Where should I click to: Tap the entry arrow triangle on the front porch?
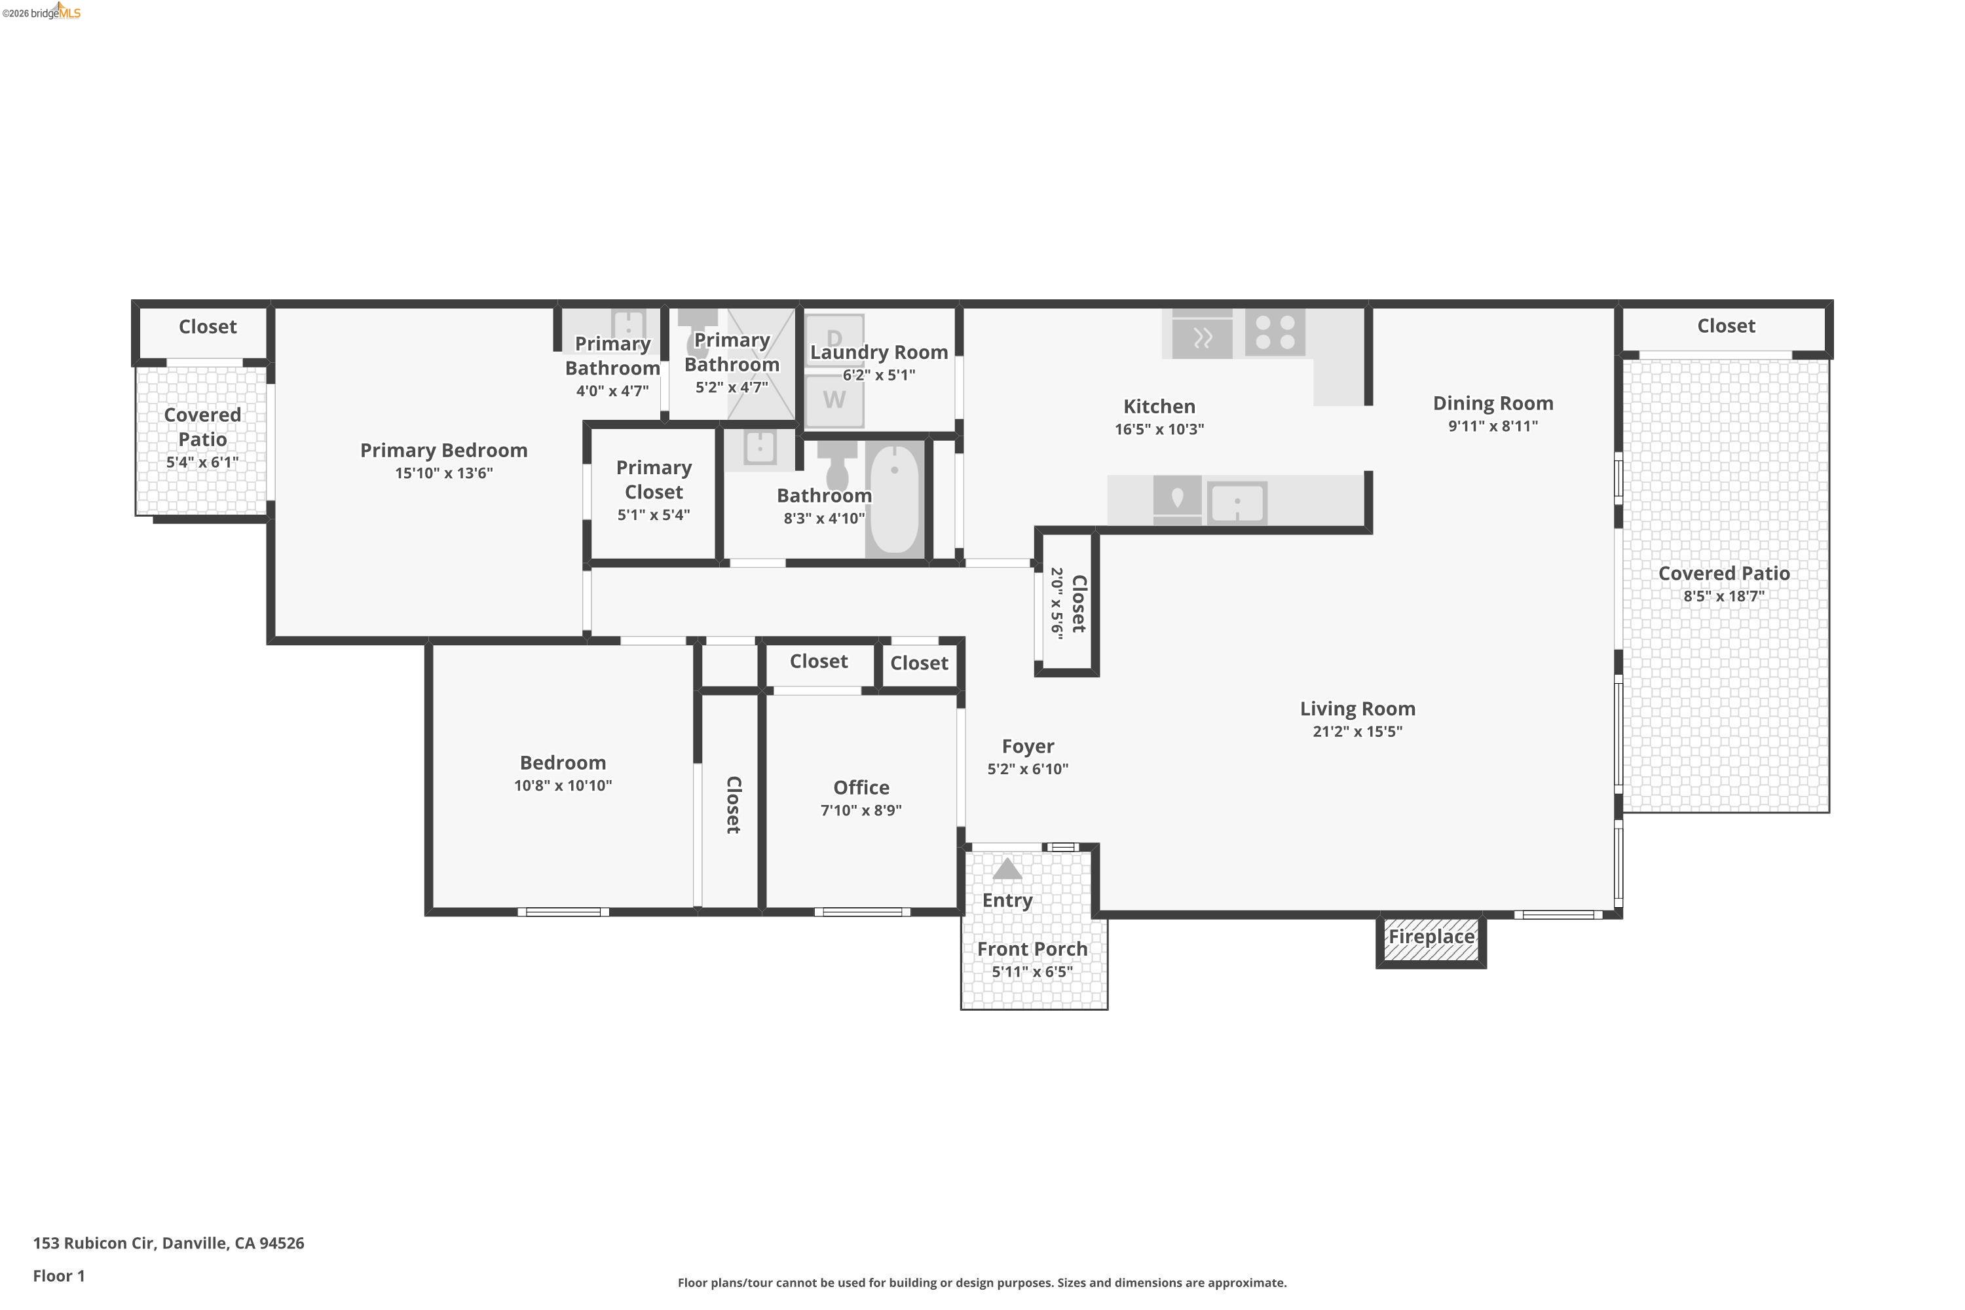click(x=1007, y=870)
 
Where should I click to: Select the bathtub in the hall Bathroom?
click(x=894, y=498)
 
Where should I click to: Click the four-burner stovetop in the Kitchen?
click(x=1275, y=333)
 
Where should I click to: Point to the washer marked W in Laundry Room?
click(x=834, y=400)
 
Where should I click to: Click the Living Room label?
click(x=1357, y=709)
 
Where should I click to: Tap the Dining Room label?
click(x=1492, y=403)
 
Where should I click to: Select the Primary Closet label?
click(x=653, y=479)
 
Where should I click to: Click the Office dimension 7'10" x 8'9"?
click(x=861, y=810)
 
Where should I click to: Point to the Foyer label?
click(x=1028, y=746)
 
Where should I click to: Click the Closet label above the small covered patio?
click(x=207, y=327)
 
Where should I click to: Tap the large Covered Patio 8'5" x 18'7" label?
click(x=1723, y=574)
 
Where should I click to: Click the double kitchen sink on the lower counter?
click(x=1237, y=503)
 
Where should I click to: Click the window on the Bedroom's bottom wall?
click(x=563, y=912)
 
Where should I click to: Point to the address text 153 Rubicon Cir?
click(x=168, y=1243)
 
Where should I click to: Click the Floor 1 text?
click(x=58, y=1276)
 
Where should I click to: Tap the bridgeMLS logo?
click(x=42, y=12)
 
